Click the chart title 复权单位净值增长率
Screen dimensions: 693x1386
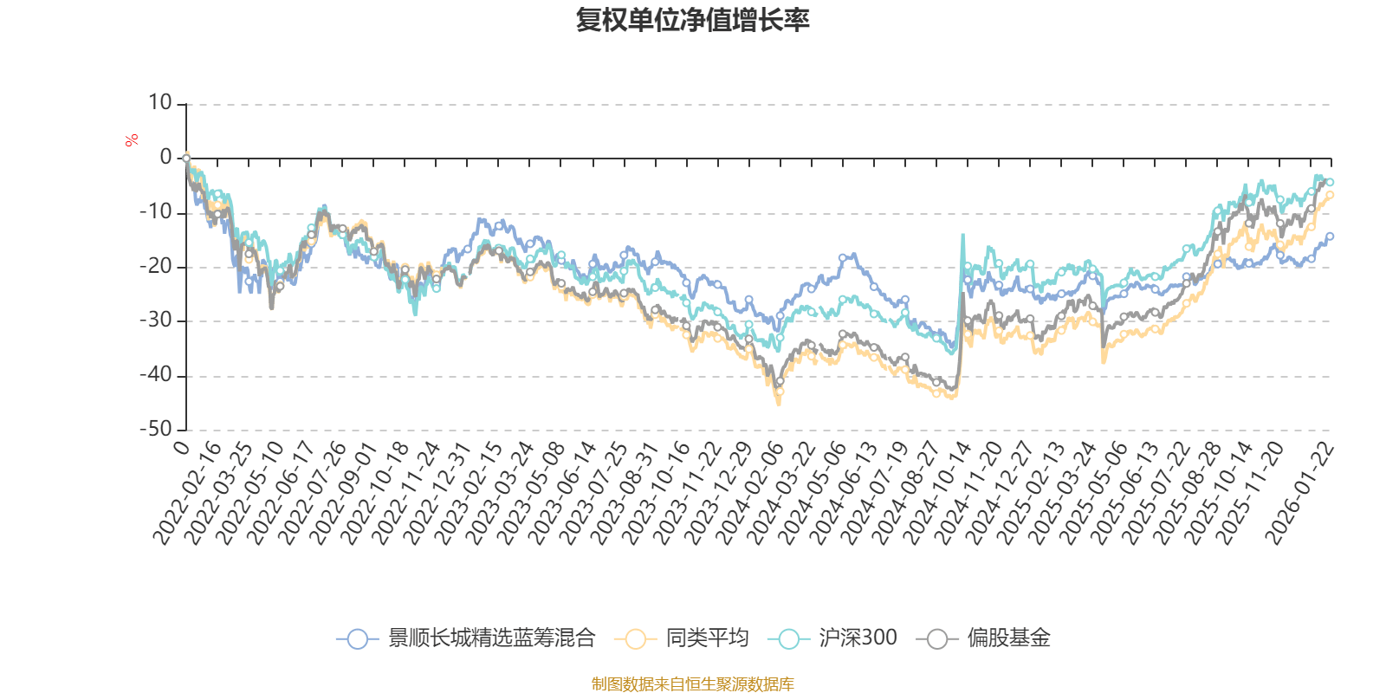[692, 20]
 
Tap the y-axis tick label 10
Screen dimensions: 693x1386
[160, 103]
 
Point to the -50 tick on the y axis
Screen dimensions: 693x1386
[156, 429]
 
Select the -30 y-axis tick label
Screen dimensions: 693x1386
[156, 321]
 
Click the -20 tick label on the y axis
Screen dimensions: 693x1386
[156, 266]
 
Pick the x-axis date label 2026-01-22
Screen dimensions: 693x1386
[1299, 495]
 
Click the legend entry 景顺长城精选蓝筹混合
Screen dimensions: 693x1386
[491, 639]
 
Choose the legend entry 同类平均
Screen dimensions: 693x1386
[706, 639]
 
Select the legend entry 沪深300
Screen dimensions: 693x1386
[858, 639]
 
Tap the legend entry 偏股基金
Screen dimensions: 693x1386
[1008, 639]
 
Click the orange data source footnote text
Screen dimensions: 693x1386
[692, 684]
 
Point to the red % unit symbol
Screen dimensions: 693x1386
[132, 141]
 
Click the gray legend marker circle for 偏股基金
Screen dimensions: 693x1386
[937, 639]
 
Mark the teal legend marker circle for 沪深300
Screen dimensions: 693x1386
[788, 639]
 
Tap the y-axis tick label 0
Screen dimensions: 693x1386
[165, 158]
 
